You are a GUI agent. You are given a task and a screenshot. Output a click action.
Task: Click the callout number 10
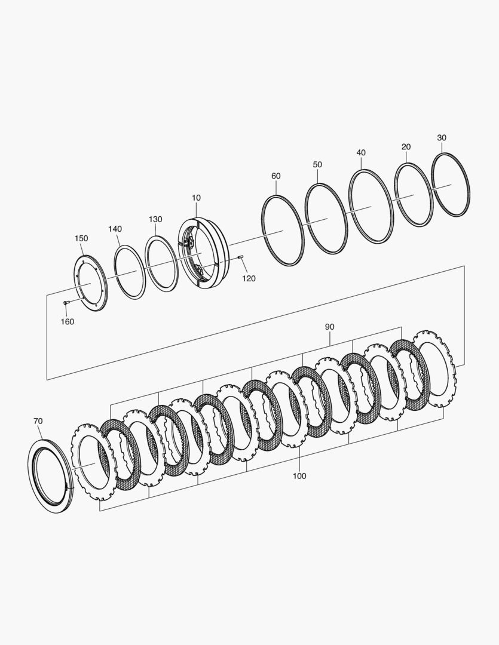pos(196,198)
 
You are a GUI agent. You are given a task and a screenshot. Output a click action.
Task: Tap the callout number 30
pos(442,138)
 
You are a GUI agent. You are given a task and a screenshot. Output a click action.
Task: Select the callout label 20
pos(406,147)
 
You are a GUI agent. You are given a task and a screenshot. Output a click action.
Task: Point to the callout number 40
pos(361,153)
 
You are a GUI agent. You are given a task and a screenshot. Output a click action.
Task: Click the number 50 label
pos(317,165)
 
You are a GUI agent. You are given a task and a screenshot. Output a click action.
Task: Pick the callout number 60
pos(276,176)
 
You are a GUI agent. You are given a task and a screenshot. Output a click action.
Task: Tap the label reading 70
pos(38,421)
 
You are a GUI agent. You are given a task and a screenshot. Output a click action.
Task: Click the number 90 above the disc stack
pos(330,327)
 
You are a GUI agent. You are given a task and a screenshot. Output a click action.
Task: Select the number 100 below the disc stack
pos(299,476)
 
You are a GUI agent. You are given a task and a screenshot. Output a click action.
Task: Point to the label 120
pos(249,278)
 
